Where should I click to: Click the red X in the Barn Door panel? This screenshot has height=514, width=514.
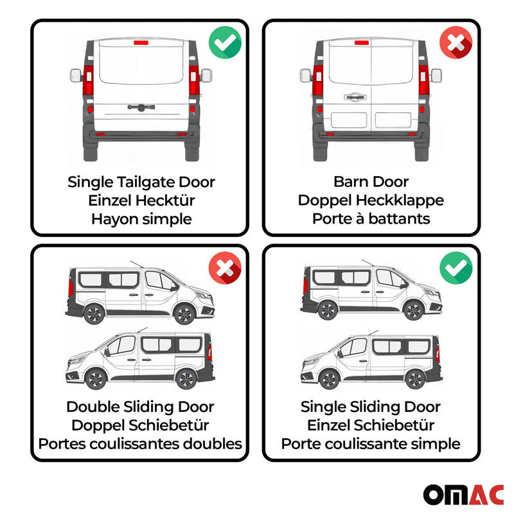pyautogui.click(x=455, y=43)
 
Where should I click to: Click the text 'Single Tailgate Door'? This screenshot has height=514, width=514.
pyautogui.click(x=141, y=182)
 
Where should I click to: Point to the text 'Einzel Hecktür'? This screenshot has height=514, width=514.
pyautogui.click(x=141, y=200)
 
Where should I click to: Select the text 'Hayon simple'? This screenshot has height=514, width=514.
pyautogui.click(x=141, y=219)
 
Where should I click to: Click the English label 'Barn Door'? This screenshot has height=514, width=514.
pyautogui.click(x=371, y=182)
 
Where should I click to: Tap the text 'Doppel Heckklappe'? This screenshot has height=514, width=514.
pyautogui.click(x=371, y=200)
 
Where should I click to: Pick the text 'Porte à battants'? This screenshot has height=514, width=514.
pyautogui.click(x=371, y=219)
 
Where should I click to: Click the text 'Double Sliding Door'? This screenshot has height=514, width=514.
pyautogui.click(x=140, y=407)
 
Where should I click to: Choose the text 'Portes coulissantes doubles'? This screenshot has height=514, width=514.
pyautogui.click(x=140, y=444)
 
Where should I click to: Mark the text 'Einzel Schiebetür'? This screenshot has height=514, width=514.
pyautogui.click(x=371, y=425)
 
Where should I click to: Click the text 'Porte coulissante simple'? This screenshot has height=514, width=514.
pyautogui.click(x=371, y=444)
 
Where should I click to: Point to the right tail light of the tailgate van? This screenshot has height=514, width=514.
pyautogui.click(x=193, y=84)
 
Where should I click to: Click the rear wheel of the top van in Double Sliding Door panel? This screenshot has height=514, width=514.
pyautogui.click(x=94, y=314)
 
